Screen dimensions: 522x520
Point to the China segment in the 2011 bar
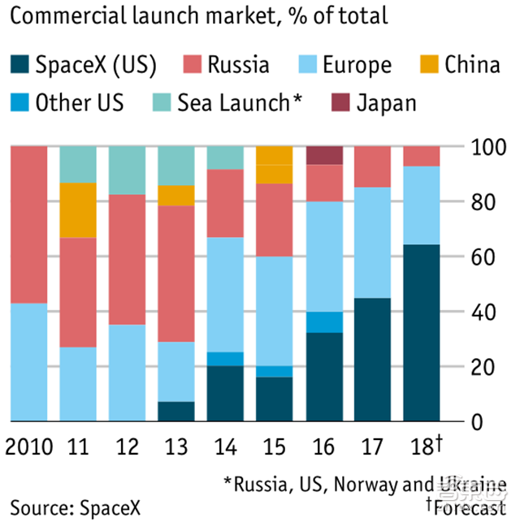pos(77,210)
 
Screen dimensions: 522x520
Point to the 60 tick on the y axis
pos(482,257)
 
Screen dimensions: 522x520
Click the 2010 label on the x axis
pos(28,446)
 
